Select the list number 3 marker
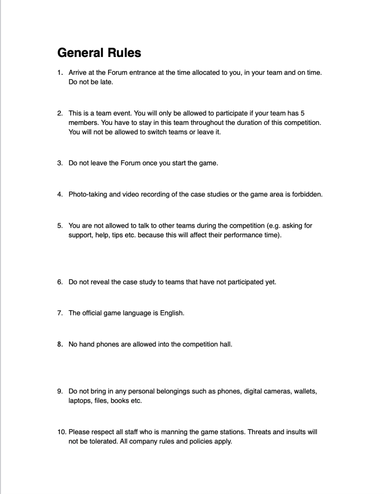click(x=60, y=163)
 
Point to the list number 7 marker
click(x=60, y=313)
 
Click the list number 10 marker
click(x=61, y=432)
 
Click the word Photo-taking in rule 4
click(x=87, y=194)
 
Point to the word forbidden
click(x=306, y=194)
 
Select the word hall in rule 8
click(x=226, y=344)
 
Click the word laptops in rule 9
click(x=80, y=401)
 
